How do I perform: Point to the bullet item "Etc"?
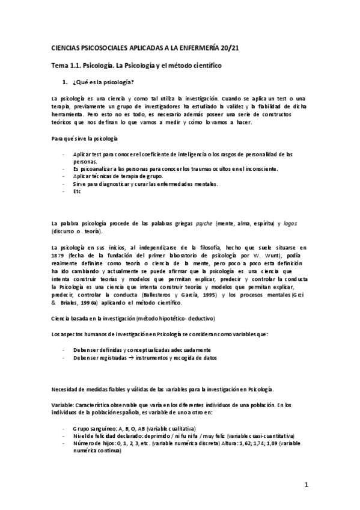(x=76, y=191)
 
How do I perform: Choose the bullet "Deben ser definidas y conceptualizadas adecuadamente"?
(x=142, y=349)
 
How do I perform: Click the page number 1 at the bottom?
(x=306, y=484)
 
